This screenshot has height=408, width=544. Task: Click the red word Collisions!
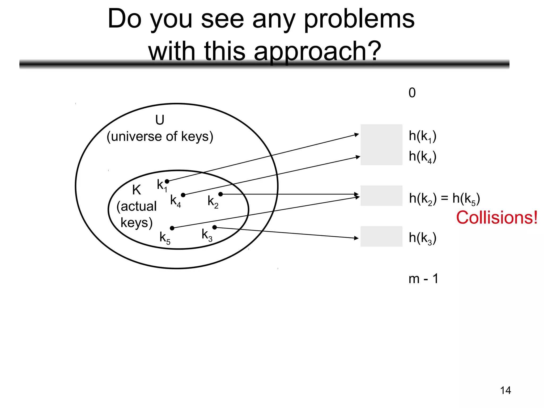pos(497,218)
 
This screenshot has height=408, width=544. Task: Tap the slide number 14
pos(505,390)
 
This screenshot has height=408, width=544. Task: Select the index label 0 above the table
pos(412,93)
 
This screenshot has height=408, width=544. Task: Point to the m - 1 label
pos(423,279)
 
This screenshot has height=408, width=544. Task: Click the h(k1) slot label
pos(422,137)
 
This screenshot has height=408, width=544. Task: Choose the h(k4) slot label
pos(422,157)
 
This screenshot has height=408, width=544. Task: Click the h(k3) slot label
pos(422,238)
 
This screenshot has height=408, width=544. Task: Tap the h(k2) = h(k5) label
pos(444,199)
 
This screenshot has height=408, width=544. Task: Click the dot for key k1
pos(167,181)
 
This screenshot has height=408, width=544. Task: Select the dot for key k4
pos(183,195)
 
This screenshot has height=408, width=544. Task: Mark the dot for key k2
pos(220,194)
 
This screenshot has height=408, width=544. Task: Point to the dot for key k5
pos(172,228)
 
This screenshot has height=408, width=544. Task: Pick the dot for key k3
pos(215,227)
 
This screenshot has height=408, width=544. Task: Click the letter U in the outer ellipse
pos(160,120)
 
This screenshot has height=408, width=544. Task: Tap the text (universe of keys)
pos(160,137)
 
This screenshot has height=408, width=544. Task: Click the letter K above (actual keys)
pos(137,190)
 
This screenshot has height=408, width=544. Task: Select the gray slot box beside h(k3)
pos(381,236)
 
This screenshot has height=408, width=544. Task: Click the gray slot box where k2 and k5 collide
pos(381,196)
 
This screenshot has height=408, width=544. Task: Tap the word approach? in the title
pos(317,51)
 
